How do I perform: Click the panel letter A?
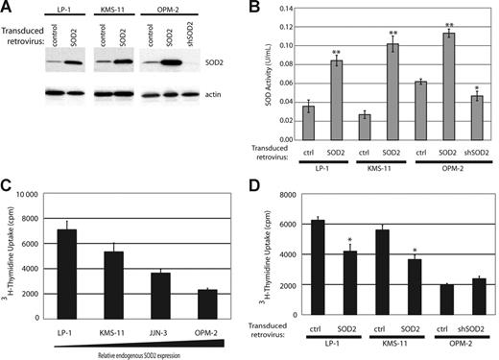coord(10,9)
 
